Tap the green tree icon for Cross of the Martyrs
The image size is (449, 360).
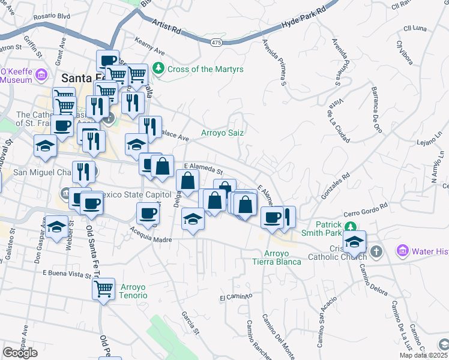point(158,69)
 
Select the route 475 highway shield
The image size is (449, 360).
point(217,42)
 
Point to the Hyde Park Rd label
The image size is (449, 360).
point(303,20)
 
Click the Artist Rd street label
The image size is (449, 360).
point(167,28)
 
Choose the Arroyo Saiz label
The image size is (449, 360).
point(222,133)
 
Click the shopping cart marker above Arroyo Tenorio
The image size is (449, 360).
point(103,289)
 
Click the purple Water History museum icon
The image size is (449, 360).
point(402,249)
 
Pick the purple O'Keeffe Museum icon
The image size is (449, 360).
point(41,74)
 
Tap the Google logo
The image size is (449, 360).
point(20,353)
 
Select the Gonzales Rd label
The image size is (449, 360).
point(336,186)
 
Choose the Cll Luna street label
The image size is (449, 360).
point(415,28)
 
